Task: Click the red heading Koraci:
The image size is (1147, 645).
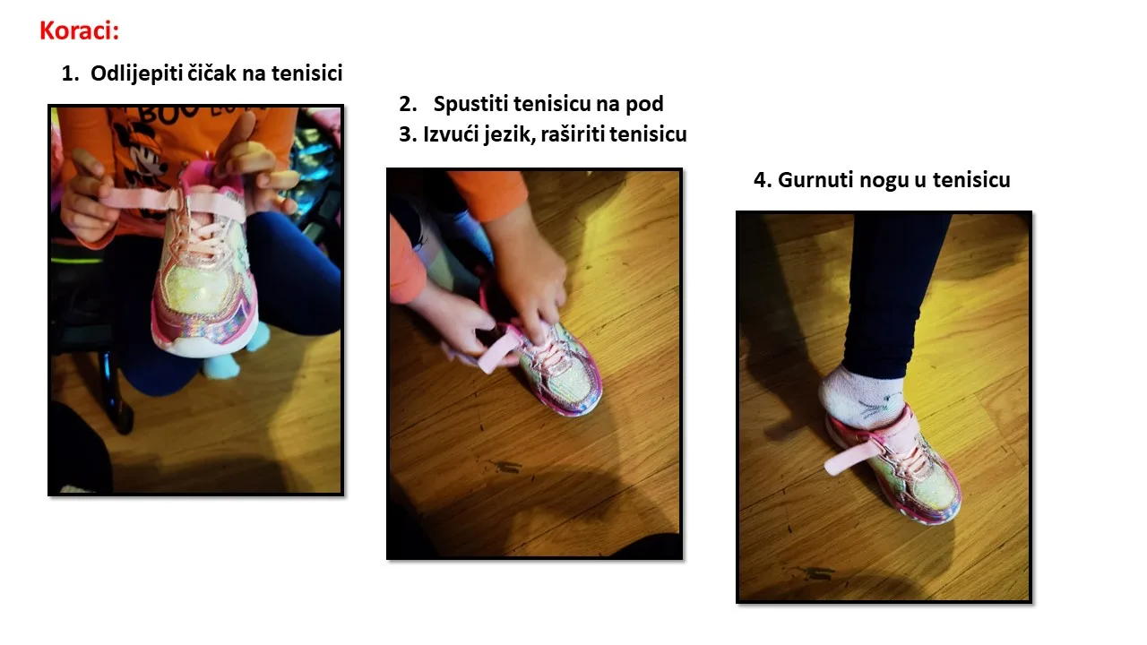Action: [x=80, y=30]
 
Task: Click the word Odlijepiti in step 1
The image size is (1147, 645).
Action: [x=134, y=73]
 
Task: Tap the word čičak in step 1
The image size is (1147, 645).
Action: [x=211, y=73]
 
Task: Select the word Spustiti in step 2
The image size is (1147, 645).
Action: [x=470, y=104]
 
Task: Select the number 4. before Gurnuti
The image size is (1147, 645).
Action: [x=762, y=180]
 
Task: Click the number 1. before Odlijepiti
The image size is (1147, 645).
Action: [x=70, y=73]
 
